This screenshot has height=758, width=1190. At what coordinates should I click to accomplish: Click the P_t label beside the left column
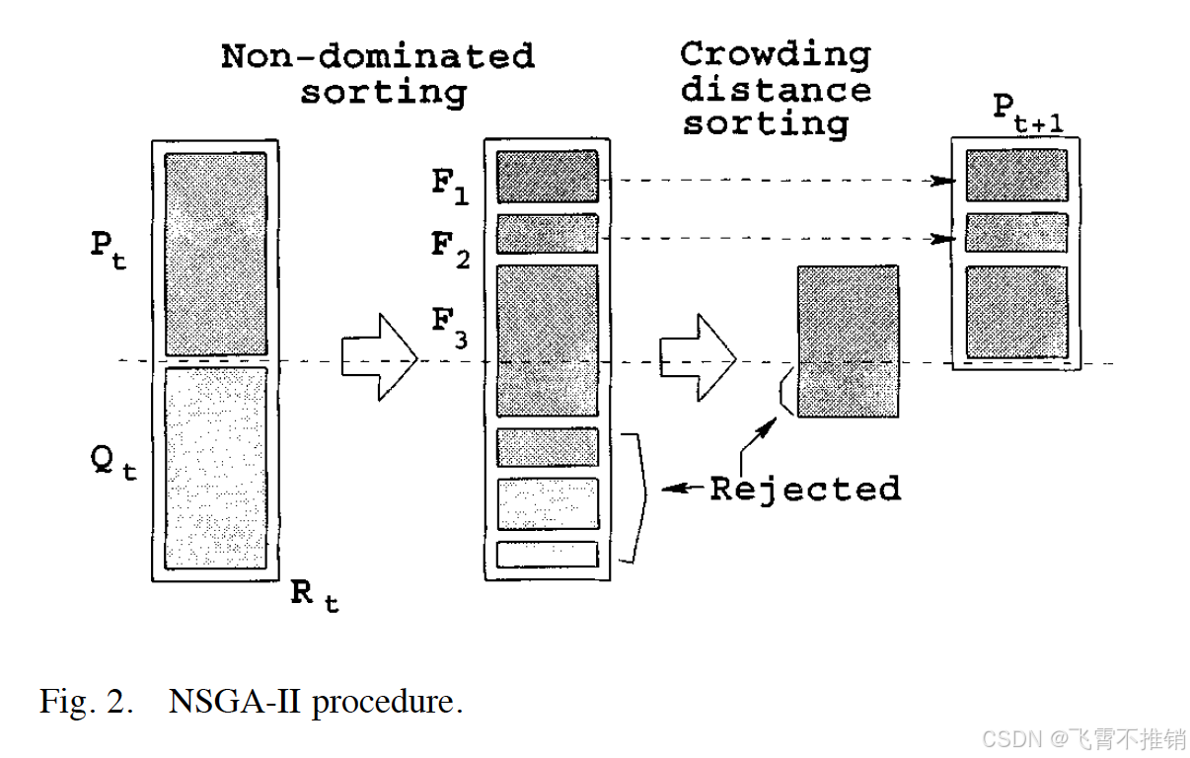(109, 253)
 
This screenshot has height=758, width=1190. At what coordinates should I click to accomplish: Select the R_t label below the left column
(314, 595)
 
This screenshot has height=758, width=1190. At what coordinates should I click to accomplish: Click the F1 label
(449, 188)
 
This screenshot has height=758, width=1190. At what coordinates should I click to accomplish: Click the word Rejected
(804, 489)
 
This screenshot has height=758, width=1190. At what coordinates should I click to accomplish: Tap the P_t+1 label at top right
(1032, 115)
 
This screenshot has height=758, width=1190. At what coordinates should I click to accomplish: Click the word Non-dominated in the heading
(377, 56)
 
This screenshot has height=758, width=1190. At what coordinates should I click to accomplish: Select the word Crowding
(775, 54)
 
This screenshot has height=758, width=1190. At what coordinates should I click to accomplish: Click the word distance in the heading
(775, 90)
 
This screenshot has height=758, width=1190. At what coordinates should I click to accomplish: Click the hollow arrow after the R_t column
(379, 356)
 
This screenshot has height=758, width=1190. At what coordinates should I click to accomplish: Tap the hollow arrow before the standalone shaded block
(698, 356)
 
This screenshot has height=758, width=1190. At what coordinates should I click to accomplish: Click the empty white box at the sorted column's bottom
(547, 555)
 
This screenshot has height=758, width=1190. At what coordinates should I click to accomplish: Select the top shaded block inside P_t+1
(1015, 176)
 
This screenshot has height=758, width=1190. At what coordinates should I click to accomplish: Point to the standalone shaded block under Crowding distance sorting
(848, 341)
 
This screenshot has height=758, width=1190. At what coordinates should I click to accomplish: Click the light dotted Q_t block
(215, 467)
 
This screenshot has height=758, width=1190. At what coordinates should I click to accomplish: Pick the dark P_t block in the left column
(215, 254)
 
